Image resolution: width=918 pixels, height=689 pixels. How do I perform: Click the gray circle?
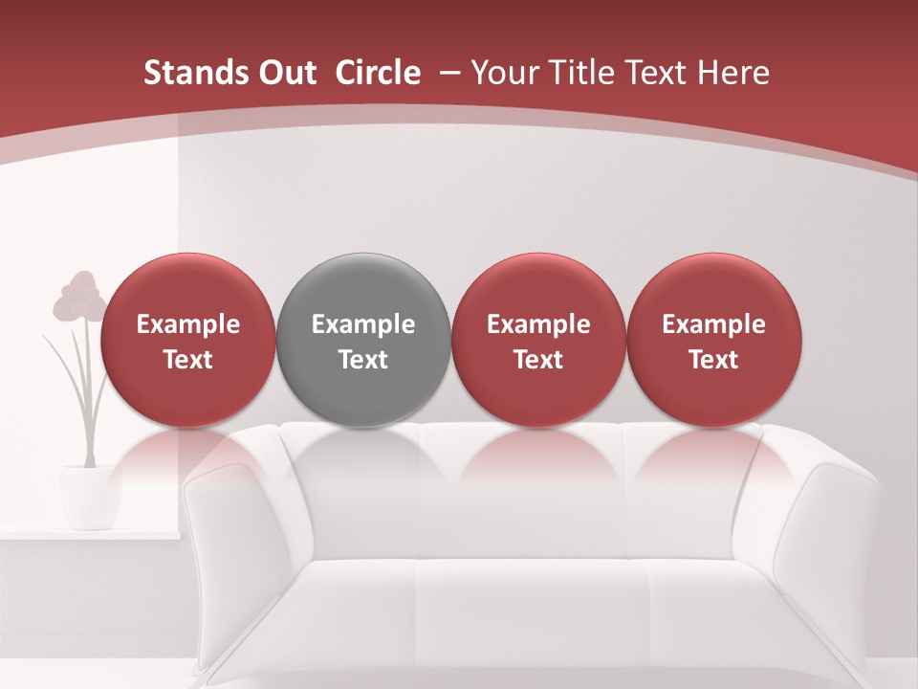pyautogui.click(x=363, y=340)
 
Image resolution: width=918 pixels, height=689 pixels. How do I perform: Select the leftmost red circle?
pyautogui.click(x=188, y=340)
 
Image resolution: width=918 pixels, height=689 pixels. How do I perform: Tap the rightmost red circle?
pyautogui.click(x=714, y=340)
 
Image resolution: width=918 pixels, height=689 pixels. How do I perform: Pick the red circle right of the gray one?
pyautogui.click(x=538, y=340)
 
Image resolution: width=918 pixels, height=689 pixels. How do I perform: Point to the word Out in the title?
pyautogui.click(x=290, y=73)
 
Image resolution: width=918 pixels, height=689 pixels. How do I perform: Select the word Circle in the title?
pyautogui.click(x=378, y=73)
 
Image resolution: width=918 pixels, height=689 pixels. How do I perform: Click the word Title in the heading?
pyautogui.click(x=585, y=73)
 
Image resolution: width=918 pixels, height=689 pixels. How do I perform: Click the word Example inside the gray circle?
pyautogui.click(x=363, y=324)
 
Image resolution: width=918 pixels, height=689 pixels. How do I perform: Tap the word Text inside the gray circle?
pyautogui.click(x=363, y=360)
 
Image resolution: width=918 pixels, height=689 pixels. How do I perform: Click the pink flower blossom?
pyautogui.click(x=79, y=298)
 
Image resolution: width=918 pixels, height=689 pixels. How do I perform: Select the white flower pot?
pyautogui.click(x=85, y=496)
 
